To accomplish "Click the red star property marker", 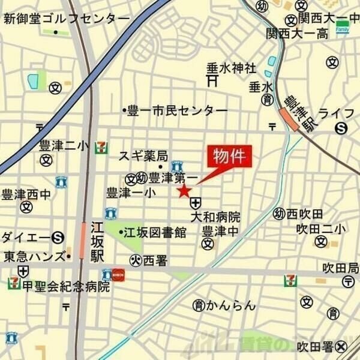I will click(x=184, y=191).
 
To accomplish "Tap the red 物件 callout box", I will click(x=230, y=158).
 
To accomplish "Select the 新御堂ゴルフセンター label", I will click(x=66, y=19).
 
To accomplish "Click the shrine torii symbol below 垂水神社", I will click(x=211, y=79).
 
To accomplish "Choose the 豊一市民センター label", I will click(x=177, y=111).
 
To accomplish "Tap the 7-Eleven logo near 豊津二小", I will click(x=104, y=146).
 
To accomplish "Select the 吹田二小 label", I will click(x=321, y=229).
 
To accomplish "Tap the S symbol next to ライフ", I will click(x=341, y=127).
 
